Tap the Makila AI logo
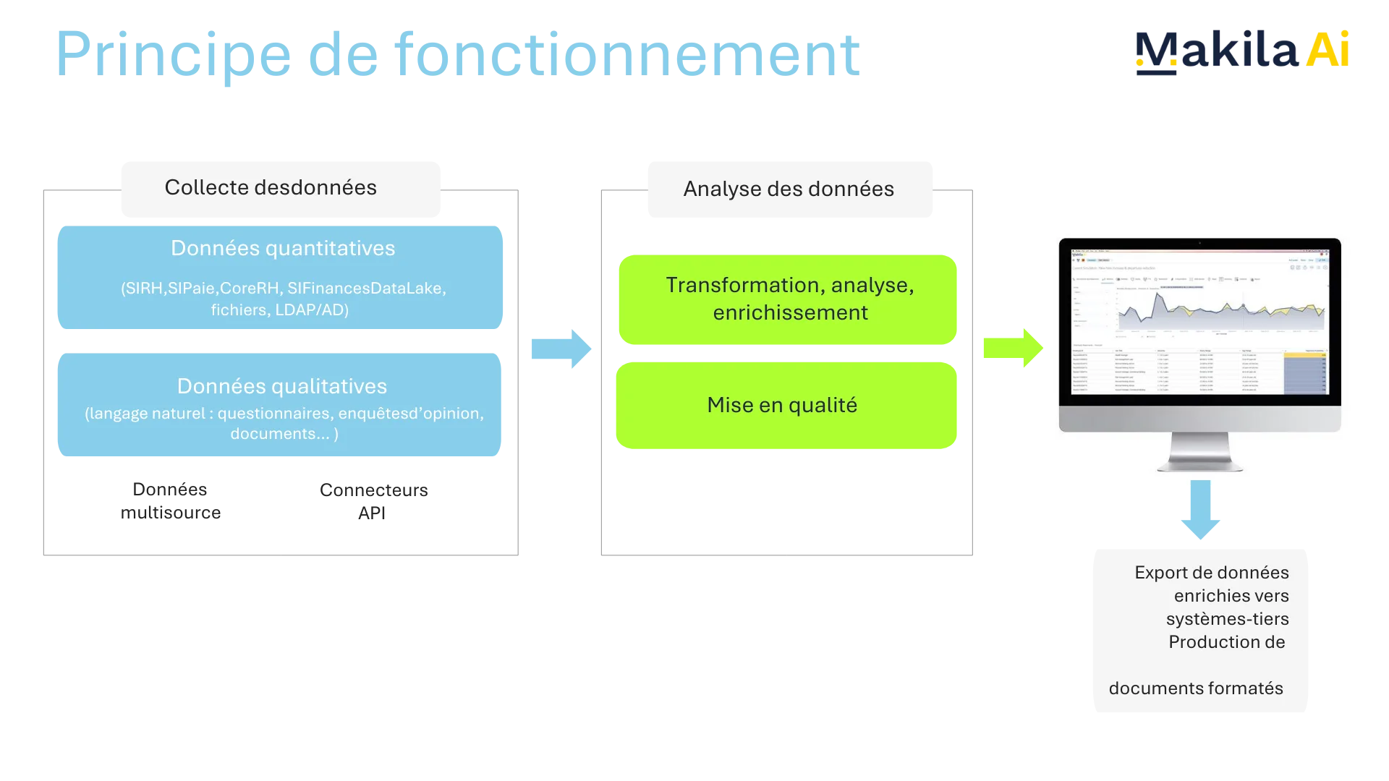1241,51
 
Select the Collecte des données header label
271,188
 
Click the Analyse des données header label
789,189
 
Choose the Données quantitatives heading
283,249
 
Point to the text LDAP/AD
312,310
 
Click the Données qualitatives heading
282,387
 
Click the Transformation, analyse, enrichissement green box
789,299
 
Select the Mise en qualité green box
783,406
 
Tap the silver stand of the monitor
1199,452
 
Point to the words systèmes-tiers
1227,620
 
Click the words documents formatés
1196,688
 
